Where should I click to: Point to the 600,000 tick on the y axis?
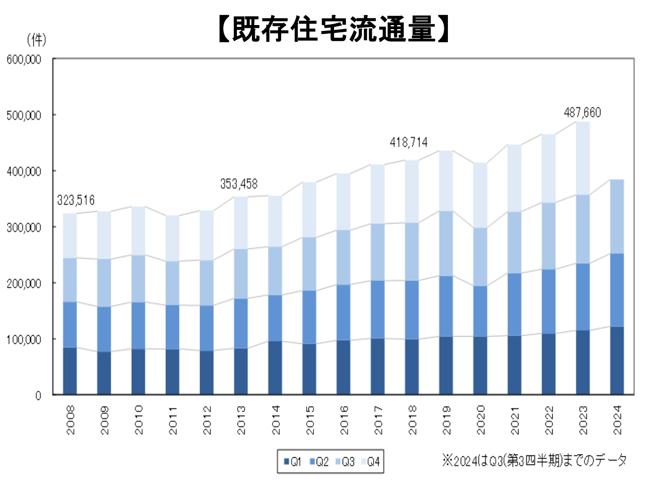pos(24,60)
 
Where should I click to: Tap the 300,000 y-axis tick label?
pos(24,227)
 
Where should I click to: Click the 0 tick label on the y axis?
pos(38,396)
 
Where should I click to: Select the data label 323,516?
pos(76,200)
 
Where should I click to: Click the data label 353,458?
pos(239,184)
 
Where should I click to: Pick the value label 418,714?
pos(409,143)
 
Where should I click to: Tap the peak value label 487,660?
pos(582,112)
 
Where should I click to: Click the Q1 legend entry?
pos(293,462)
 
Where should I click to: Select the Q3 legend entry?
pos(344,462)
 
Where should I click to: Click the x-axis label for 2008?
pos(71,420)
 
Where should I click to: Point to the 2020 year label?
pos(481,420)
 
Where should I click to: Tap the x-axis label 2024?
pos(617,420)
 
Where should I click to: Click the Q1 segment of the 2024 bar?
pos(617,360)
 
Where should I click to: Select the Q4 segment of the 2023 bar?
pos(583,158)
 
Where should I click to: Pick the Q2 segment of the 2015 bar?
pos(309,317)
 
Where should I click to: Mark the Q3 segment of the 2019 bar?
pos(446,243)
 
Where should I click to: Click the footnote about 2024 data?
pos(534,460)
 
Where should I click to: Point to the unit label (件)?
pos(36,40)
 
